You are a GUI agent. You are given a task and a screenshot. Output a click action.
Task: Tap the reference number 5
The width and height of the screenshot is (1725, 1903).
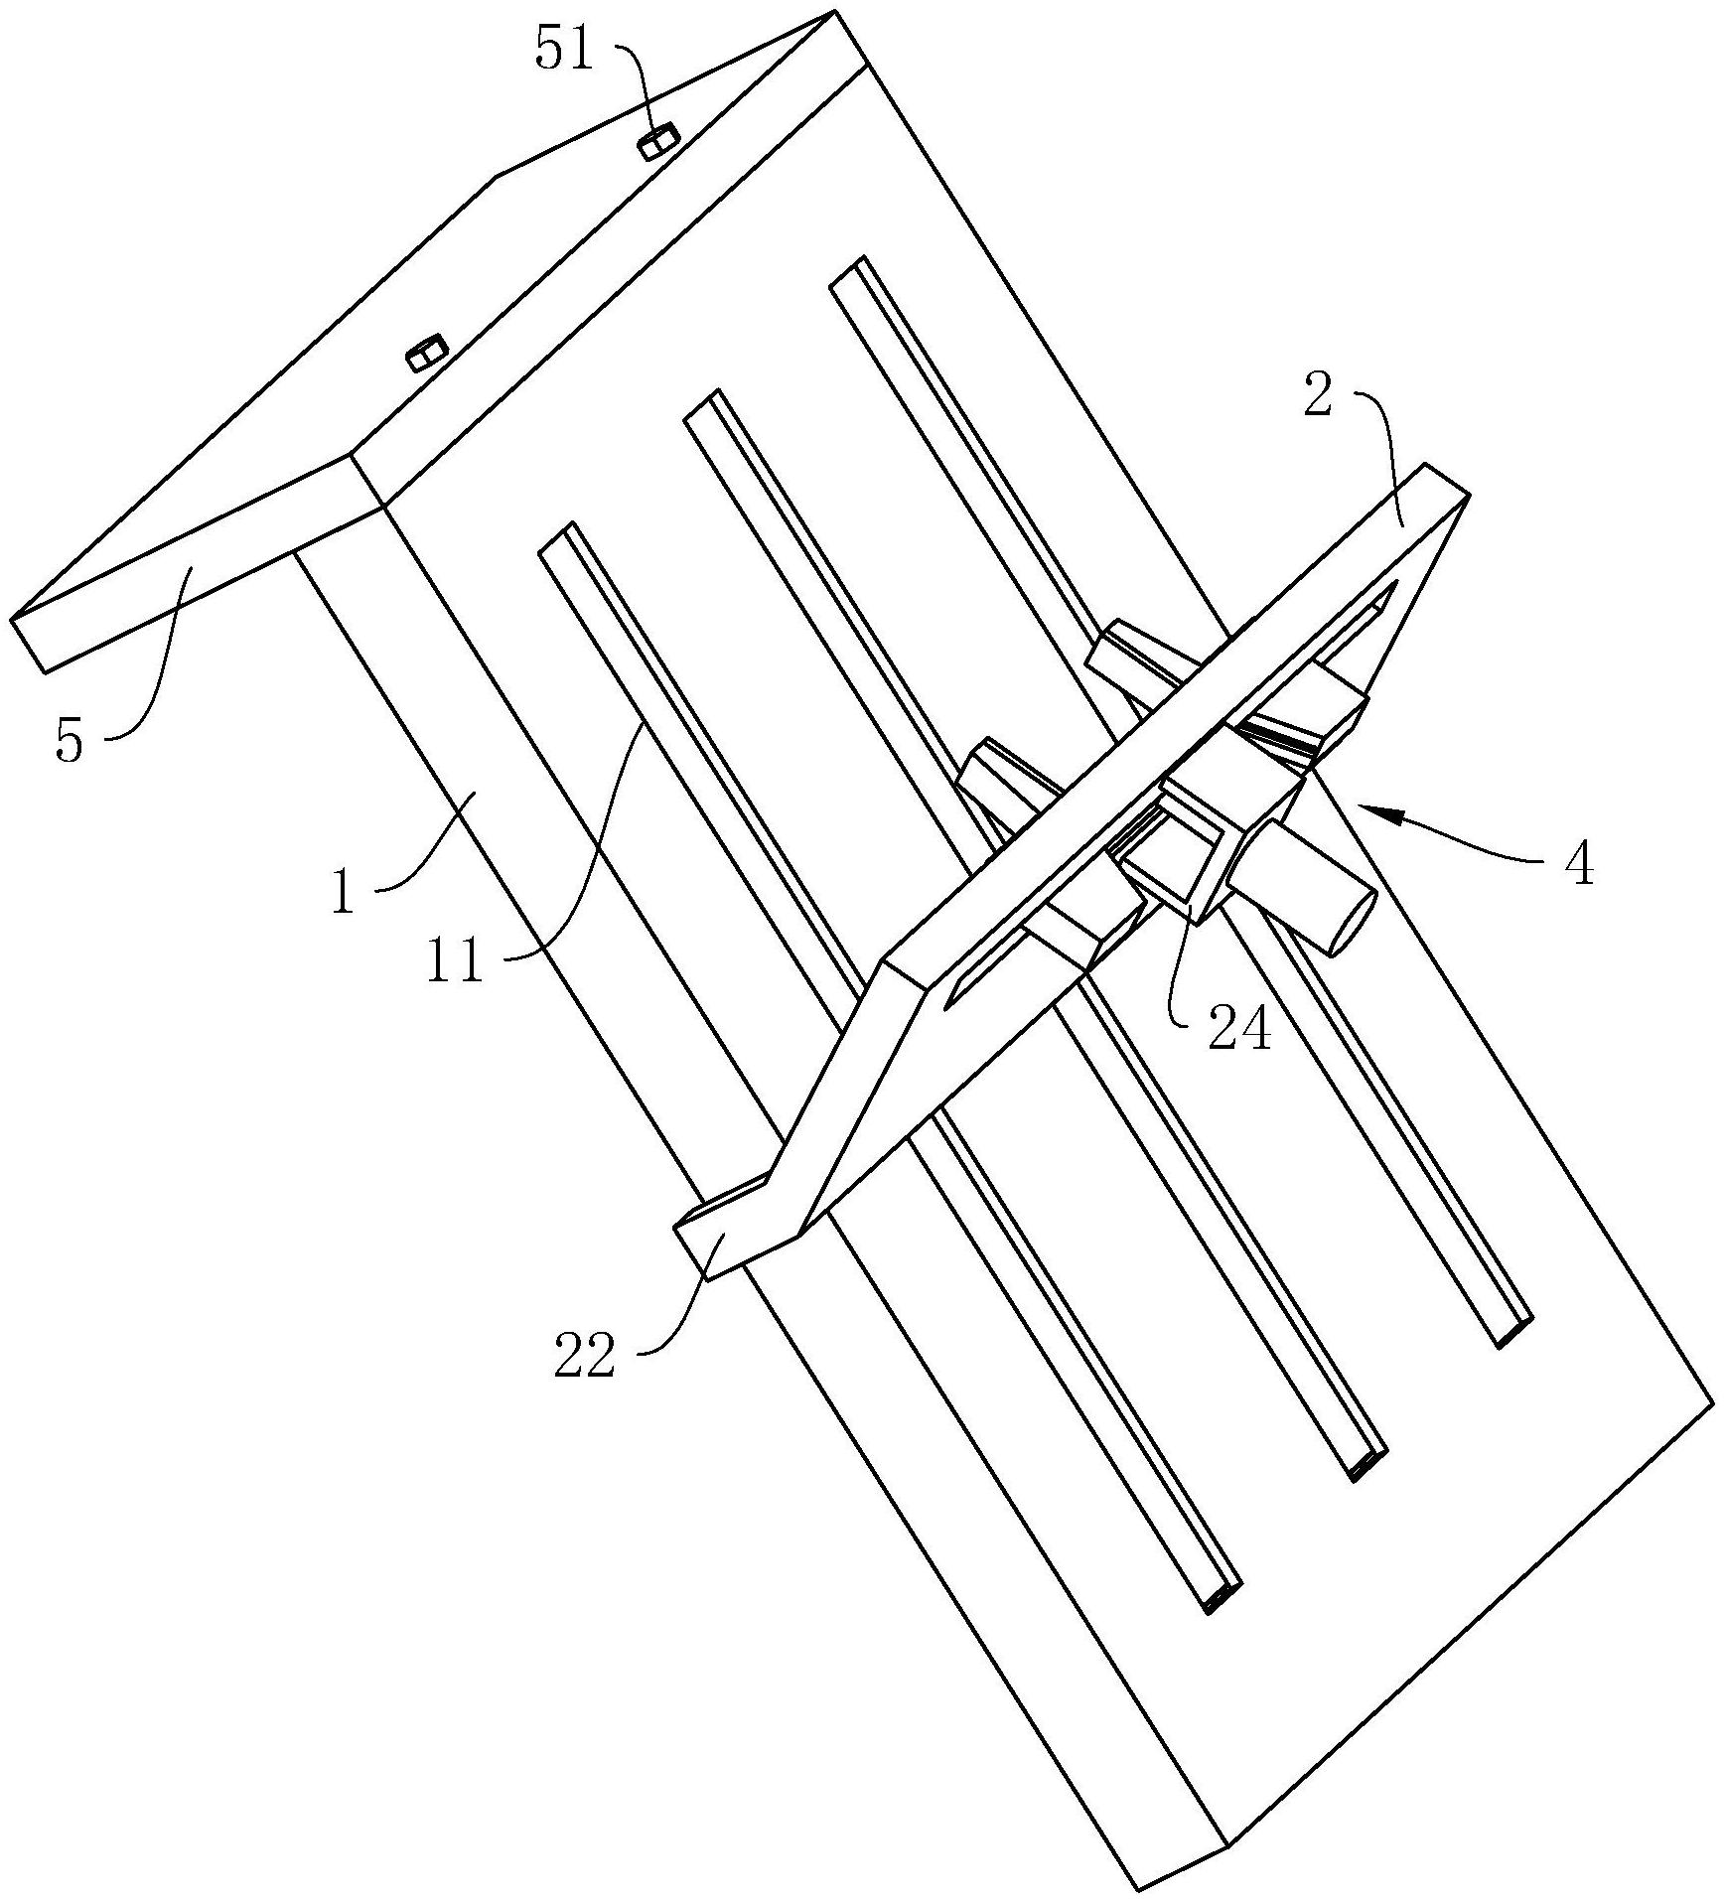tap(69, 742)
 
